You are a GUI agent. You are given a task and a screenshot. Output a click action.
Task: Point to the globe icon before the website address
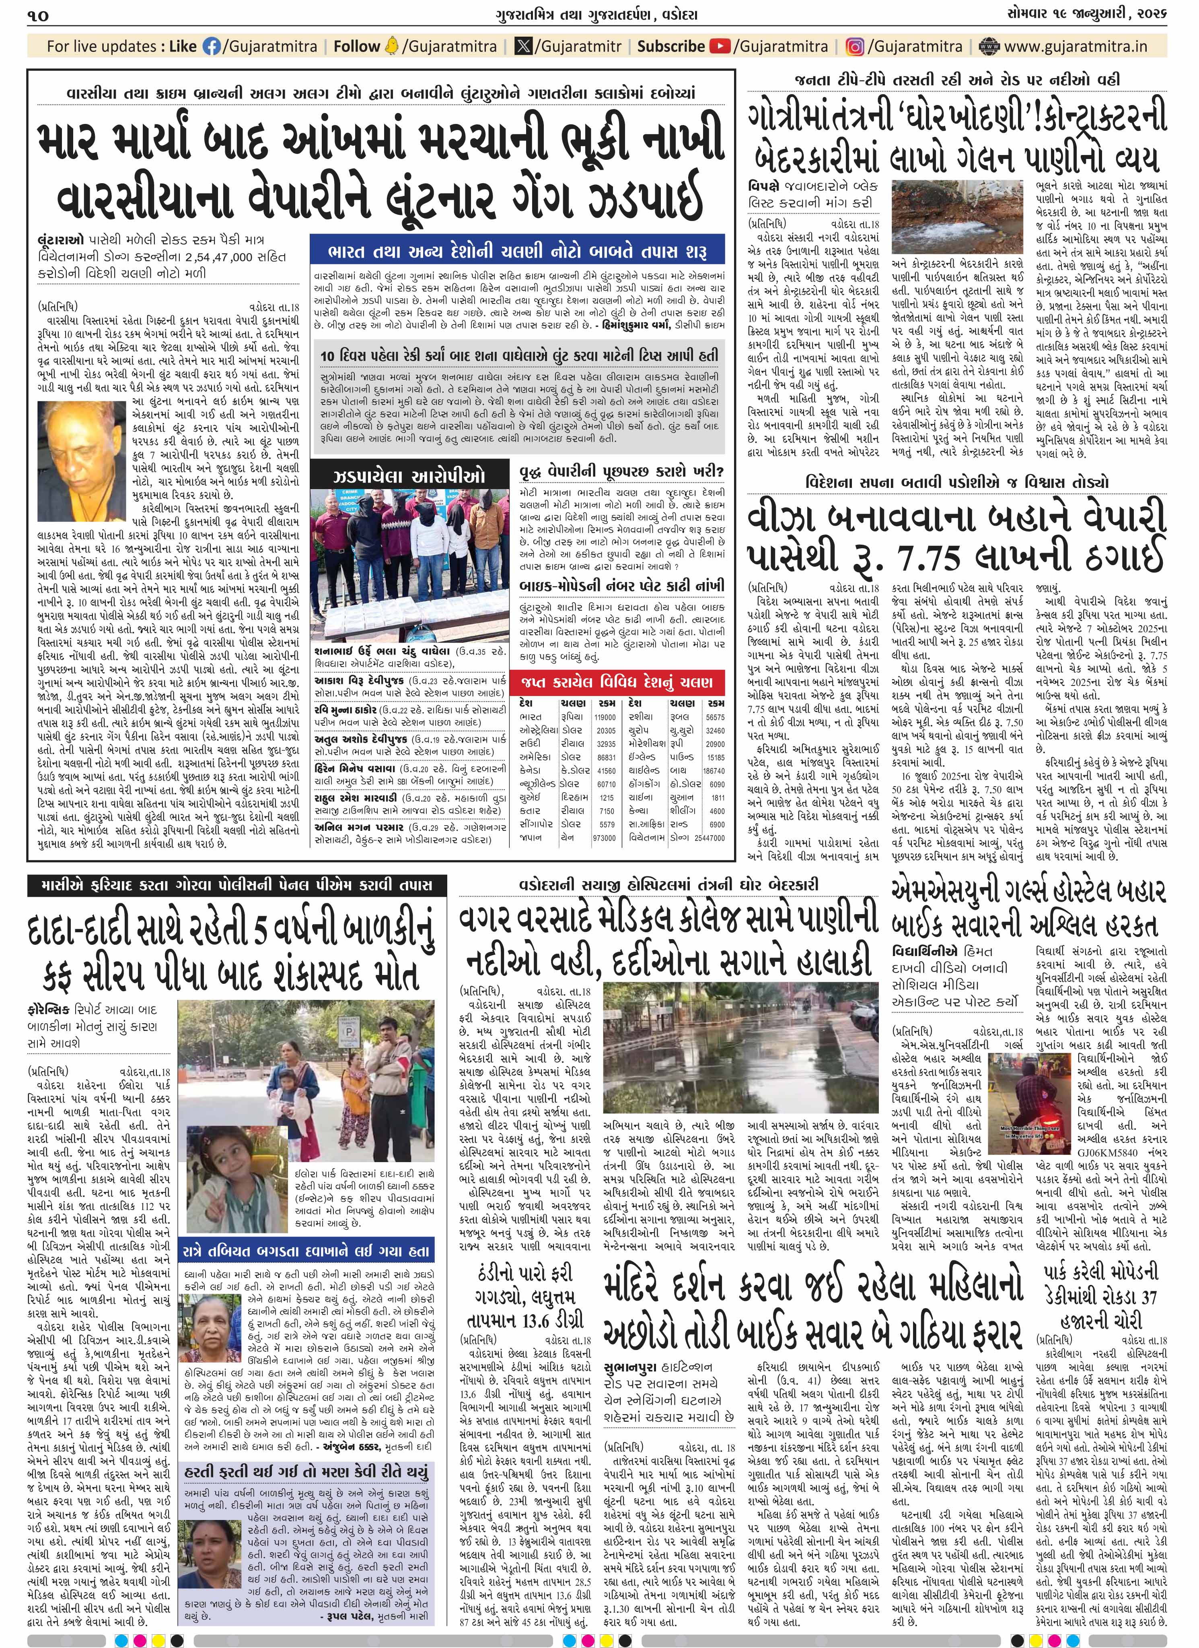click(988, 47)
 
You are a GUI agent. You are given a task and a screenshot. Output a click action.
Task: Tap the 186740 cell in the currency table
click(714, 770)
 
